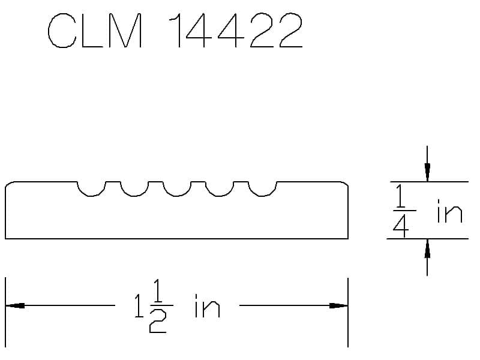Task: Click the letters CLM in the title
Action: (95, 31)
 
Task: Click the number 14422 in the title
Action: (236, 31)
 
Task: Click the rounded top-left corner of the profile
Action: (8, 184)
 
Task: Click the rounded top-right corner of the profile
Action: (345, 184)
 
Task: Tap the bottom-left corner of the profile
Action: (5, 238)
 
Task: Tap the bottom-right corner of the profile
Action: (348, 238)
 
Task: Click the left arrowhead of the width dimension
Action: (14, 305)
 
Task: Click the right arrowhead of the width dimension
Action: (338, 305)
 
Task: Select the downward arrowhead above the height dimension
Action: (427, 172)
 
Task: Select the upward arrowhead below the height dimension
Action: (427, 248)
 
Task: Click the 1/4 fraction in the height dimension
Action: (403, 211)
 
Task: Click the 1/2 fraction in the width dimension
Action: (159, 305)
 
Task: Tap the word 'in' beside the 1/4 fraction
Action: (449, 211)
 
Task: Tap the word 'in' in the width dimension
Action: (207, 305)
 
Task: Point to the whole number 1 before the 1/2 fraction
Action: (140, 305)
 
